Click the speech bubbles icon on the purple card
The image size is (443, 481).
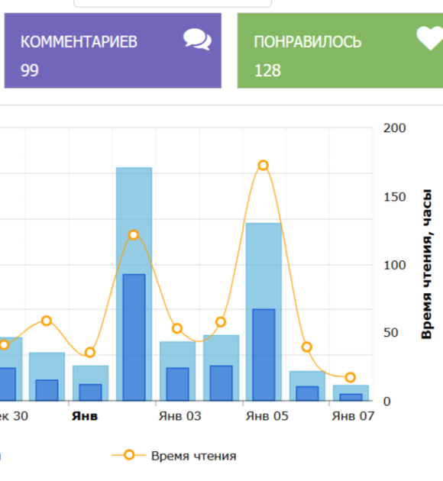point(197,39)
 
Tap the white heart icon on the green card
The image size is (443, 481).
point(430,38)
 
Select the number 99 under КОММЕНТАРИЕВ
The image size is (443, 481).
point(30,70)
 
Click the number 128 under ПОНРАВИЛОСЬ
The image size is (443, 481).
point(267,70)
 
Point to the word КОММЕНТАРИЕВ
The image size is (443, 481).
point(79,42)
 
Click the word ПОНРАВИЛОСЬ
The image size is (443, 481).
point(308,42)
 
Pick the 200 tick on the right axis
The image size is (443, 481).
point(395,128)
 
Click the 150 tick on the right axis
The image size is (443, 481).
point(395,197)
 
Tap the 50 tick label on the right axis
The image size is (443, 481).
point(390,333)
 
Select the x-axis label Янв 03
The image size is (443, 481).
point(180,416)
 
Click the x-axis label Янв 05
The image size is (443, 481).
point(267,416)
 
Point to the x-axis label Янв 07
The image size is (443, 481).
point(353,416)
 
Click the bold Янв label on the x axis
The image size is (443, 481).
point(85,416)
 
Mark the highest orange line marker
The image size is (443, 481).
point(264,166)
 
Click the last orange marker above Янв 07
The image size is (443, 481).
point(351,377)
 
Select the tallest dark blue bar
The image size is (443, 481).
point(134,337)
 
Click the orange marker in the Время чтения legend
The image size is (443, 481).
point(129,454)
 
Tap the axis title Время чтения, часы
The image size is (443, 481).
point(427,264)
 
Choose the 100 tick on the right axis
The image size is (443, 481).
point(395,265)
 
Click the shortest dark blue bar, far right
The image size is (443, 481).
point(351,397)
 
